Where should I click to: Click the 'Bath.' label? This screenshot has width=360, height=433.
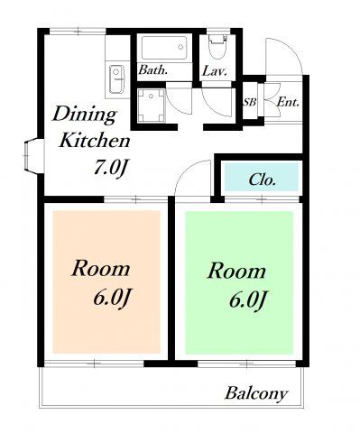tap(152, 70)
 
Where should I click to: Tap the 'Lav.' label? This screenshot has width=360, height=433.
tap(214, 71)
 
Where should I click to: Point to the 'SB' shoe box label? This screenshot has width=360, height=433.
tap(250, 103)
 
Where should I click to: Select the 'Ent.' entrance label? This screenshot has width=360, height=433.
tap(288, 102)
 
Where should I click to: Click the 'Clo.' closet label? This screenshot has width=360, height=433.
tap(263, 180)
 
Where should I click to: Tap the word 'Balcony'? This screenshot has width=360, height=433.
tap(256, 393)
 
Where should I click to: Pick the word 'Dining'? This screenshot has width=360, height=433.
tap(85, 115)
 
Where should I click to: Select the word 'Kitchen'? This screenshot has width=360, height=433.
tap(95, 140)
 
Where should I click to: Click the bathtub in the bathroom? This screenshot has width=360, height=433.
tap(165, 48)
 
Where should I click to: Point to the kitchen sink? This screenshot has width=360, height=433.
tap(117, 79)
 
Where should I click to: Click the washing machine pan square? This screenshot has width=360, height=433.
tap(152, 106)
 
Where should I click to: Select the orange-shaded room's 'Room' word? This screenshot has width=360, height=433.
tap(101, 269)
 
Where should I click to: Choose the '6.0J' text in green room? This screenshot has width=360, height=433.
tap(248, 299)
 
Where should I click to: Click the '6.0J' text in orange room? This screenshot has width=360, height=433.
tap(113, 298)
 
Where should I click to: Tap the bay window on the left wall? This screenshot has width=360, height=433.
tap(33, 156)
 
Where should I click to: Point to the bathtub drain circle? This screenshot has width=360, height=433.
tap(180, 47)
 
